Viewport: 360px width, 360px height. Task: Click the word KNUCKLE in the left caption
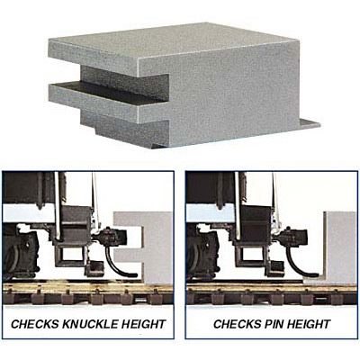[90, 324]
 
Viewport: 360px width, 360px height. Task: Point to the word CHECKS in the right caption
[237, 324]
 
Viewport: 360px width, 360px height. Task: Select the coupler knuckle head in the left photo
[114, 237]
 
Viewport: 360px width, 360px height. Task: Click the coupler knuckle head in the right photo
[295, 237]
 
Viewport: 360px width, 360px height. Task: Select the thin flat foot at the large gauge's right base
[308, 123]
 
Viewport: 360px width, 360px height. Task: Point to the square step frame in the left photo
[71, 255]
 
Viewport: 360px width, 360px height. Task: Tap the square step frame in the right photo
[253, 255]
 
